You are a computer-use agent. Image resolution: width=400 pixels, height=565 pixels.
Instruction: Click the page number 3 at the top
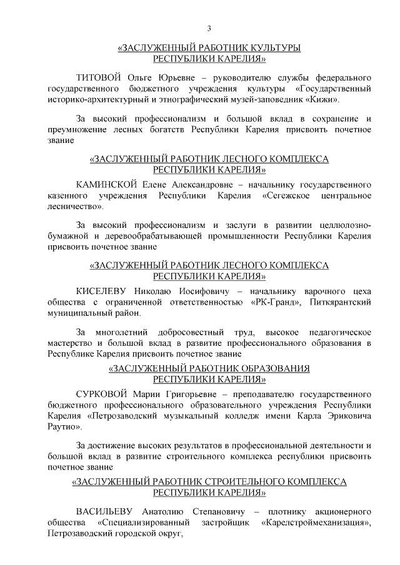[209, 27]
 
